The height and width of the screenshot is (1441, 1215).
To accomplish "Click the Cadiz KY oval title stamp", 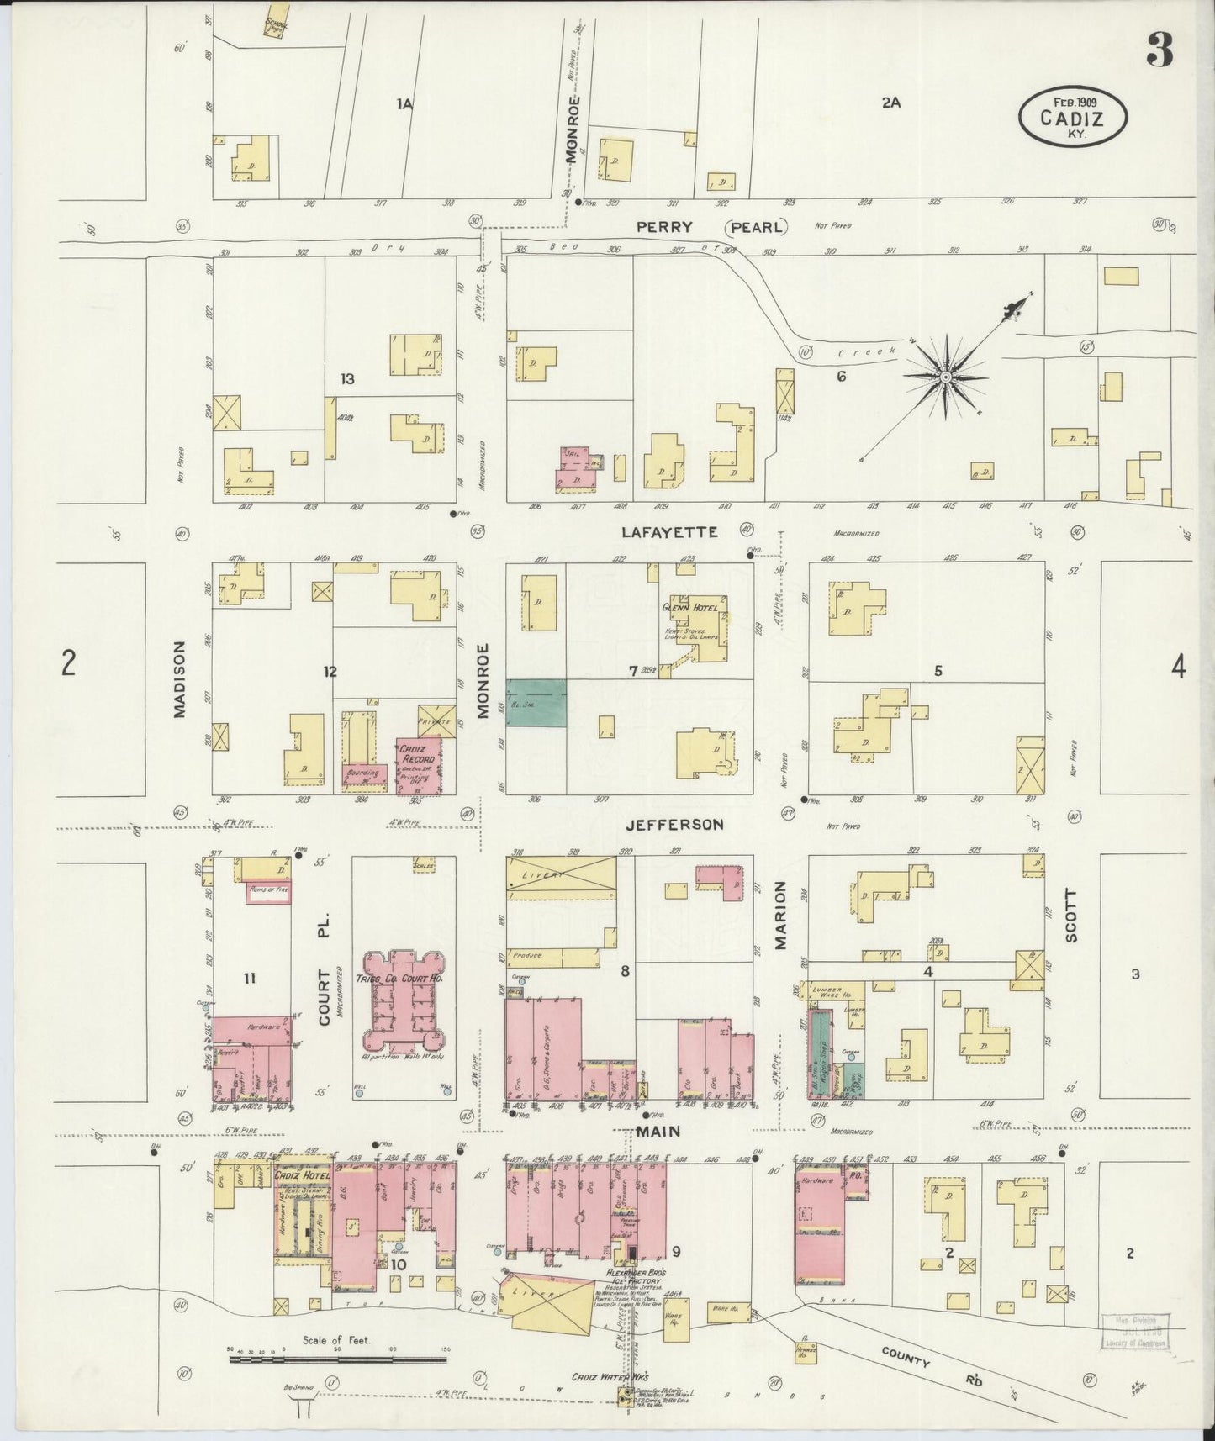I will tap(1072, 118).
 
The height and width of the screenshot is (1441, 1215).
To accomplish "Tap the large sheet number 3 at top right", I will tap(1160, 52).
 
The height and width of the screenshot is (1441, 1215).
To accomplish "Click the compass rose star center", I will tap(946, 377).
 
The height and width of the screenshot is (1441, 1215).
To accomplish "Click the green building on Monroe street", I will tap(536, 703).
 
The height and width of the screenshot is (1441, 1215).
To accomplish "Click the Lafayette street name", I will tap(669, 532).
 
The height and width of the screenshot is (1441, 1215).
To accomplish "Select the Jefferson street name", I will tap(674, 825).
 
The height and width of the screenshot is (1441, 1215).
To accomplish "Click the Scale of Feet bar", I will tap(336, 1356).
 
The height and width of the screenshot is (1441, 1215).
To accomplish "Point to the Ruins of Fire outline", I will tap(268, 894).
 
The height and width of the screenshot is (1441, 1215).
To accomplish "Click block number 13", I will tap(347, 379).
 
